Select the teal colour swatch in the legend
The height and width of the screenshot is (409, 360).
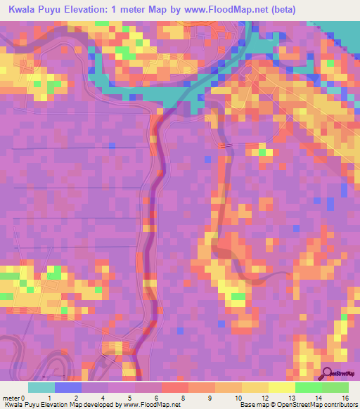(x=41, y=387)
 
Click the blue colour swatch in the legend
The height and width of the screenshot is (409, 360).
(x=68, y=387)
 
